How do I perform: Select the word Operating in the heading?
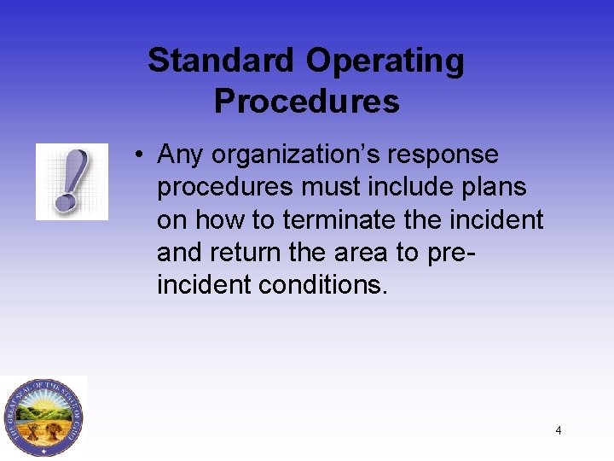pos(385,61)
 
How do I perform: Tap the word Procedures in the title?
pos(306,102)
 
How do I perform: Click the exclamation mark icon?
pos(72,181)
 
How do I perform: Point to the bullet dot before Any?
pos(137,155)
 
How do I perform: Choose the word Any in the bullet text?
pos(181,155)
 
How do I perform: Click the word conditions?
pos(334,285)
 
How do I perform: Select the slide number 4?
pos(559,430)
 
